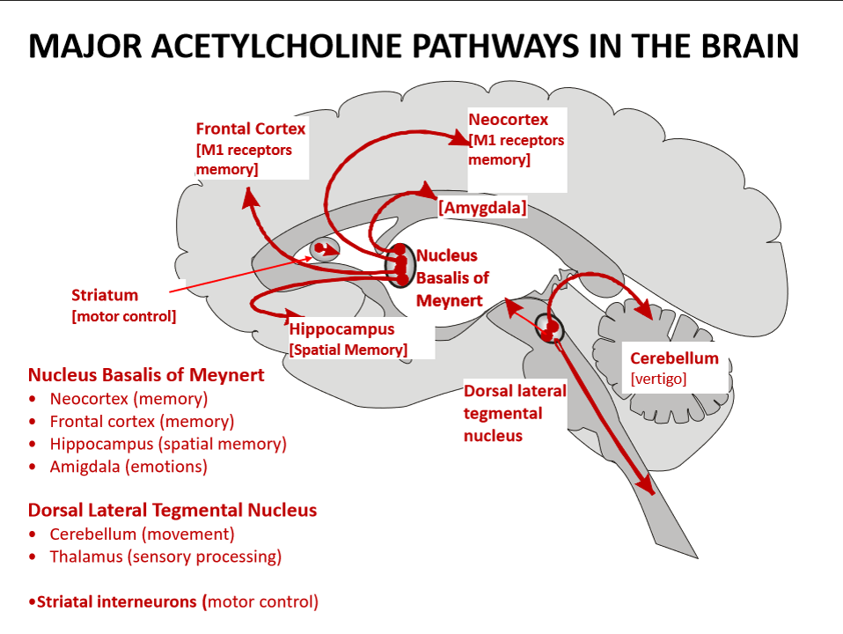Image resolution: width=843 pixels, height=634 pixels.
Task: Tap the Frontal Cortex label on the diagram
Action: coord(251,129)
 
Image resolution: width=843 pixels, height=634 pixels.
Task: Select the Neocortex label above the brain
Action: coord(508,120)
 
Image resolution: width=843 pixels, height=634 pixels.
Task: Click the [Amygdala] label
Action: coord(482,208)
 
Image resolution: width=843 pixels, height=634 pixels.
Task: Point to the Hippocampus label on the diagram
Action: coord(341,329)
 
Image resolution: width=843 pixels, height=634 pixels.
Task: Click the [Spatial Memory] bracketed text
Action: coord(348,350)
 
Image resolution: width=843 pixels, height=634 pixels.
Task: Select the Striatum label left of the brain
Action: coord(105,295)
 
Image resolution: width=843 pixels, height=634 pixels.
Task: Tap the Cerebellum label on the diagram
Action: coord(674,358)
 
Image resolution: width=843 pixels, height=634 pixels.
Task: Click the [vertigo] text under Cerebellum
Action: coord(658,379)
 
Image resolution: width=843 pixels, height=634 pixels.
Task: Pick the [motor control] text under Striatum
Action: coord(123,316)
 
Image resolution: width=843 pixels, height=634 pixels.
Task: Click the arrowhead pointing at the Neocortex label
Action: coord(459,138)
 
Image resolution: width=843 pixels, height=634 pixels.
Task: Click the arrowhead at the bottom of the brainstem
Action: coord(647,485)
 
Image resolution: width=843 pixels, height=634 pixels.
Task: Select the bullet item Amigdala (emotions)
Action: coord(128,467)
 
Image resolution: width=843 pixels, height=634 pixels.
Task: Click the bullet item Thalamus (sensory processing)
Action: coord(165,557)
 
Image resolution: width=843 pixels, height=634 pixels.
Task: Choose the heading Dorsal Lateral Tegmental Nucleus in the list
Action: coord(172,510)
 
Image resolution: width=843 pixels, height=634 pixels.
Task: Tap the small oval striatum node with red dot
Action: coord(326,249)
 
